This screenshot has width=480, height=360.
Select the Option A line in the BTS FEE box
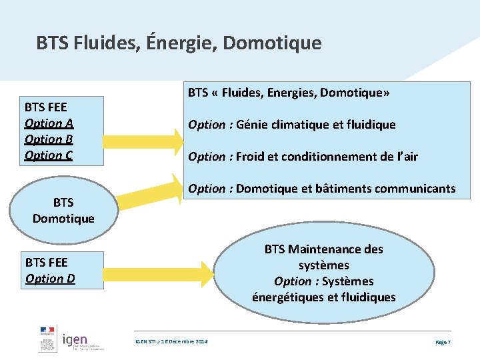tap(49, 123)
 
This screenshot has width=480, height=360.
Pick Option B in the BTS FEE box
tap(49, 139)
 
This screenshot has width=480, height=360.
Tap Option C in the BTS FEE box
tap(49, 155)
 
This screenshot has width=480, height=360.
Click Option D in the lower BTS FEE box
tap(50, 279)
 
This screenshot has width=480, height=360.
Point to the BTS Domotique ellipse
tap(63, 210)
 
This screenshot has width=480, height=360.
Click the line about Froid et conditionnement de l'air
tap(303, 157)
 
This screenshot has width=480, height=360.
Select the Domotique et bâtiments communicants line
tap(321, 189)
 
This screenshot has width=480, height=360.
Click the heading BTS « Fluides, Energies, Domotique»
tap(289, 93)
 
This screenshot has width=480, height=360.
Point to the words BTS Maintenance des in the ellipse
tap(324, 249)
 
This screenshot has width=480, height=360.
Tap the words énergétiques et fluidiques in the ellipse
tap(324, 297)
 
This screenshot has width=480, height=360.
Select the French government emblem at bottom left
tap(47, 341)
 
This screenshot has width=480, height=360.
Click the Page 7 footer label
tap(443, 341)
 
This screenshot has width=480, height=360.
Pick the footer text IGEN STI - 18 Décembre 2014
tap(171, 341)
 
